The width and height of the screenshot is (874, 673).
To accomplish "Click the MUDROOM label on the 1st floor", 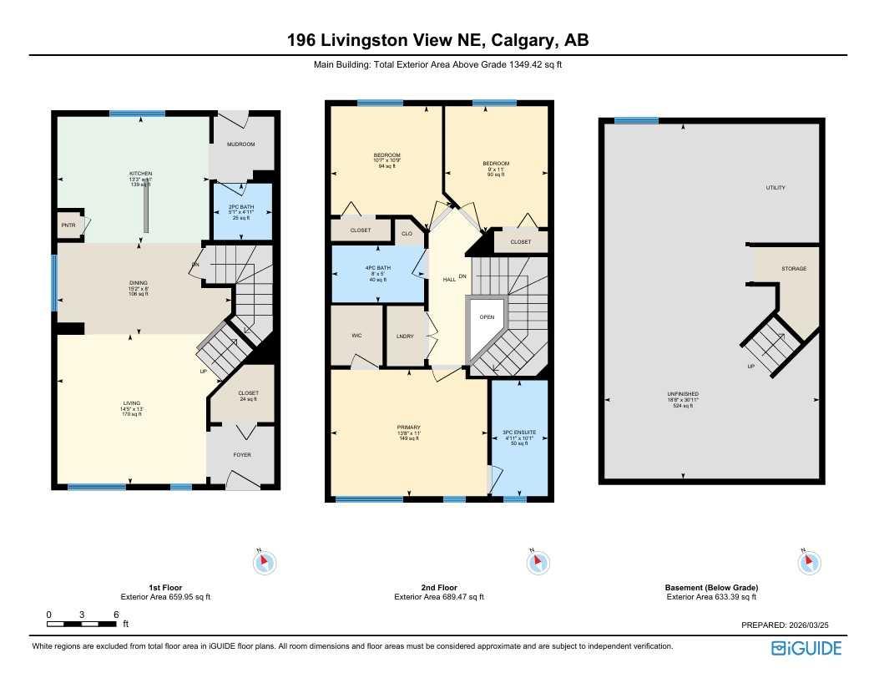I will click(x=240, y=144).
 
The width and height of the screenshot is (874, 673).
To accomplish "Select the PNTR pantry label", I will click(x=68, y=225).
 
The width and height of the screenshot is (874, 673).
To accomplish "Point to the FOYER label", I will click(x=241, y=455).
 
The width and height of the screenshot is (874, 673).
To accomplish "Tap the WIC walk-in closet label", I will click(x=355, y=336).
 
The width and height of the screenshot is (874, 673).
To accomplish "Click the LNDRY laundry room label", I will click(x=406, y=336).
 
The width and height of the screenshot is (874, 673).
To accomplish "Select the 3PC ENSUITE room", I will click(x=518, y=438).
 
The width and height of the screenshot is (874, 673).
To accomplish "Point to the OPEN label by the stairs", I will click(x=487, y=317).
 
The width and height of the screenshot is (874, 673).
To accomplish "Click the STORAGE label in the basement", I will click(x=793, y=269).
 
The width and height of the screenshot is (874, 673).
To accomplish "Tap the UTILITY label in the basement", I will click(x=775, y=188).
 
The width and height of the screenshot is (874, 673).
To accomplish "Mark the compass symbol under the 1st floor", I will click(x=264, y=562).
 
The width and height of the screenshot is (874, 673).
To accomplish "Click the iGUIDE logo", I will click(x=806, y=648).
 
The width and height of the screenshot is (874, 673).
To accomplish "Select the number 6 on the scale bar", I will click(x=116, y=614).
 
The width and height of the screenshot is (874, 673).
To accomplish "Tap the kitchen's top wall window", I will click(x=137, y=114).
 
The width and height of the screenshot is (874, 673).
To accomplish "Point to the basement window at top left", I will click(x=636, y=121).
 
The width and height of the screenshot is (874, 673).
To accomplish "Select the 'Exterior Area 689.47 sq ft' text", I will click(x=438, y=597).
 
